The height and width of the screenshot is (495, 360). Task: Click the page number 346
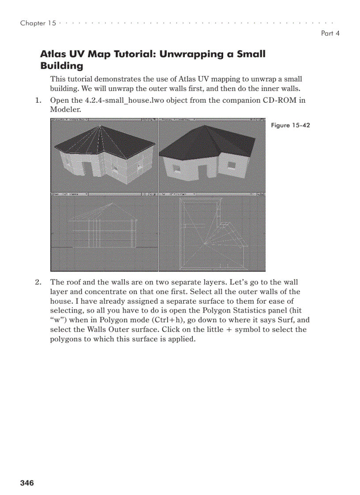pyautogui.click(x=27, y=483)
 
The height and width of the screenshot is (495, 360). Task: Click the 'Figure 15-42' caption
pyautogui.click(x=290, y=126)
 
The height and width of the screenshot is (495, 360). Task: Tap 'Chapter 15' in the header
pyautogui.click(x=38, y=23)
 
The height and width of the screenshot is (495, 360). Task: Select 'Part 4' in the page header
pyautogui.click(x=330, y=33)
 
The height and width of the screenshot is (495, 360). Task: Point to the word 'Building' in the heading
pyautogui.click(x=61, y=66)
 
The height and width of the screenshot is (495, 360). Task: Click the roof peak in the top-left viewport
pyautogui.click(x=102, y=126)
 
